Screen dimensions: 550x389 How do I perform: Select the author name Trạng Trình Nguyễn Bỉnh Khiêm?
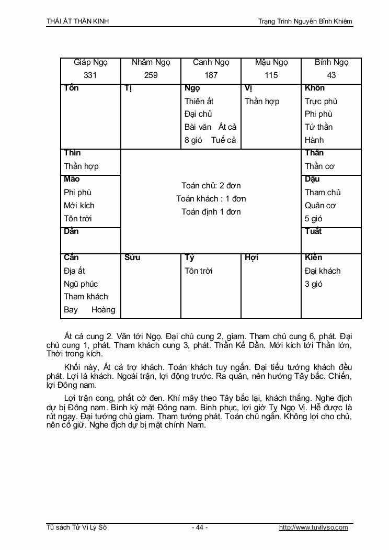click(x=305, y=21)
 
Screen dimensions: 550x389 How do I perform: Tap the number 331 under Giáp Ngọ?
click(x=90, y=75)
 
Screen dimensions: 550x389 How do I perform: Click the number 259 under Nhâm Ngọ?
click(x=151, y=75)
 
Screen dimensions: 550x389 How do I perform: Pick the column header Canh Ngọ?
click(x=211, y=62)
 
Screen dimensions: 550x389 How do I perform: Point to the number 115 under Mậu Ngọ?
click(x=271, y=75)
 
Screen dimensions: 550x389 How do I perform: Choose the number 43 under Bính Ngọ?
click(x=331, y=75)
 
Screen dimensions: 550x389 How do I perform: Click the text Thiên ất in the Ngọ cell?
click(x=199, y=101)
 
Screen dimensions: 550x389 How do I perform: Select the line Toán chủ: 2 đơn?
click(x=211, y=186)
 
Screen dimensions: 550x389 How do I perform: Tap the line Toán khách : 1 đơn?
click(x=211, y=199)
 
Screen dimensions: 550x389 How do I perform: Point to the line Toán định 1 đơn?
click(x=211, y=212)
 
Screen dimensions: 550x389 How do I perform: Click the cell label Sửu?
click(x=133, y=257)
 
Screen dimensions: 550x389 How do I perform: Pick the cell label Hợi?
click(x=251, y=257)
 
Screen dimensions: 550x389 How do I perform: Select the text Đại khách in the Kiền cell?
click(x=323, y=271)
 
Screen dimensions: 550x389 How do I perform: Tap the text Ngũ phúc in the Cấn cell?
click(x=81, y=284)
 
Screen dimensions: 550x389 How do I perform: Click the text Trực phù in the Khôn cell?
click(x=321, y=101)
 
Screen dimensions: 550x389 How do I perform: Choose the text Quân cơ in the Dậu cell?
click(x=320, y=205)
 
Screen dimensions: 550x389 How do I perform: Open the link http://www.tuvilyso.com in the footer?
click(x=313, y=527)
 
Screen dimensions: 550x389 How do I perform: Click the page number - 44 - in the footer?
click(x=200, y=527)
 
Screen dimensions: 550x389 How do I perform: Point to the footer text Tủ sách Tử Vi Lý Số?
click(x=76, y=527)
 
